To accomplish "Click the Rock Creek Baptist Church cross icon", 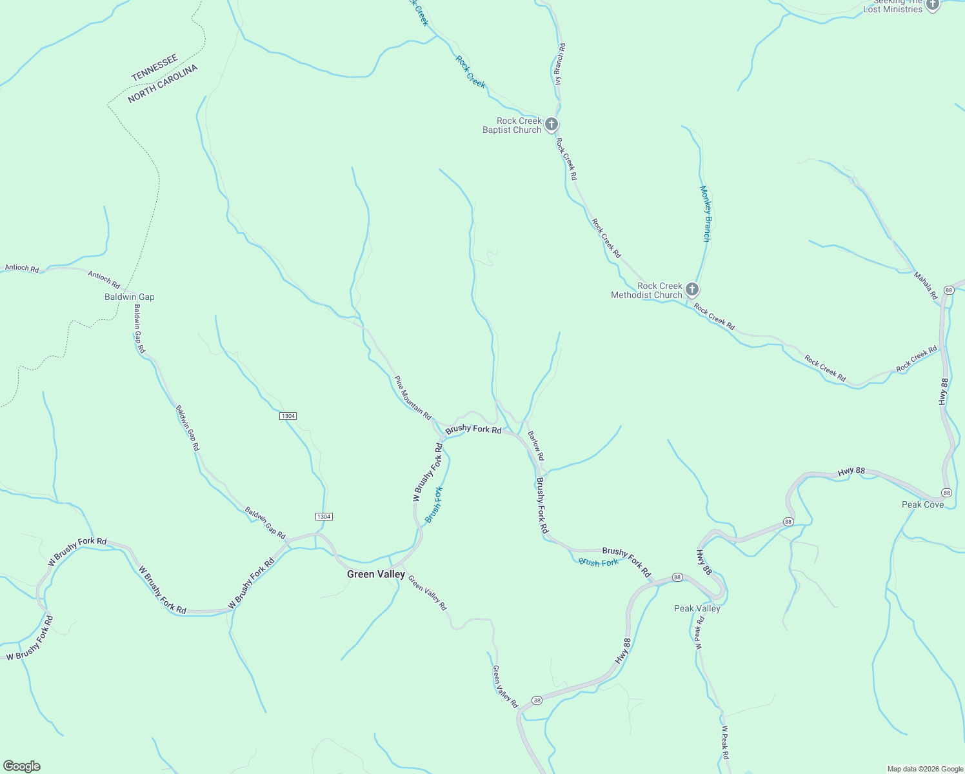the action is point(551,124).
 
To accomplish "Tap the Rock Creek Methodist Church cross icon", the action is point(692,289).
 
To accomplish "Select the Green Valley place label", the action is point(376,574).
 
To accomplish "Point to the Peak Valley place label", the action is point(697,608).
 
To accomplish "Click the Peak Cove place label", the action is point(922,504).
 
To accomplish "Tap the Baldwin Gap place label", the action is point(130,297).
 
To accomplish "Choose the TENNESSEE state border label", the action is point(155,68).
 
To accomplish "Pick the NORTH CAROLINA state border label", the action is point(163,84).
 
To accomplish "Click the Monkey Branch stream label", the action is point(706,213).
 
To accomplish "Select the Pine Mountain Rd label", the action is point(413,398).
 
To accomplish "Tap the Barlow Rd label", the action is point(536,444).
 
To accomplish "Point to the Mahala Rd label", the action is point(926,285).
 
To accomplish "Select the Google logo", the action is point(22,766).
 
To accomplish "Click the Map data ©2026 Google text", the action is point(924,769).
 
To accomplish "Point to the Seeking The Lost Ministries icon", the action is point(932,5).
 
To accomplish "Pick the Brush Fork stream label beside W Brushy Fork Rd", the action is point(434,504).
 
